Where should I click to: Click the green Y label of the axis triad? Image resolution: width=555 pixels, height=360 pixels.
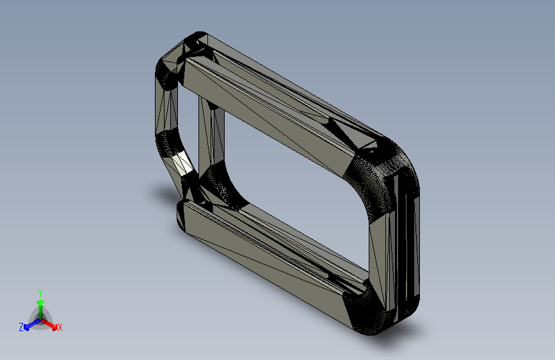(40, 293)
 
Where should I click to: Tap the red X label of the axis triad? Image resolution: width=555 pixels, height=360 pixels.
(60, 328)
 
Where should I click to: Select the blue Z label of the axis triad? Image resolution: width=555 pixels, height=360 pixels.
(21, 327)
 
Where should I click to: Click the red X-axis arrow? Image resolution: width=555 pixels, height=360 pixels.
(49, 324)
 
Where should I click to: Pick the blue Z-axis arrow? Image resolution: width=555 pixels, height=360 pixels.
(32, 324)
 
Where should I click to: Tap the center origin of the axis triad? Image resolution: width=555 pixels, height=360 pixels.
(41, 319)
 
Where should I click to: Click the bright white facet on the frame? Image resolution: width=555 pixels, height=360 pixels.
(182, 163)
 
